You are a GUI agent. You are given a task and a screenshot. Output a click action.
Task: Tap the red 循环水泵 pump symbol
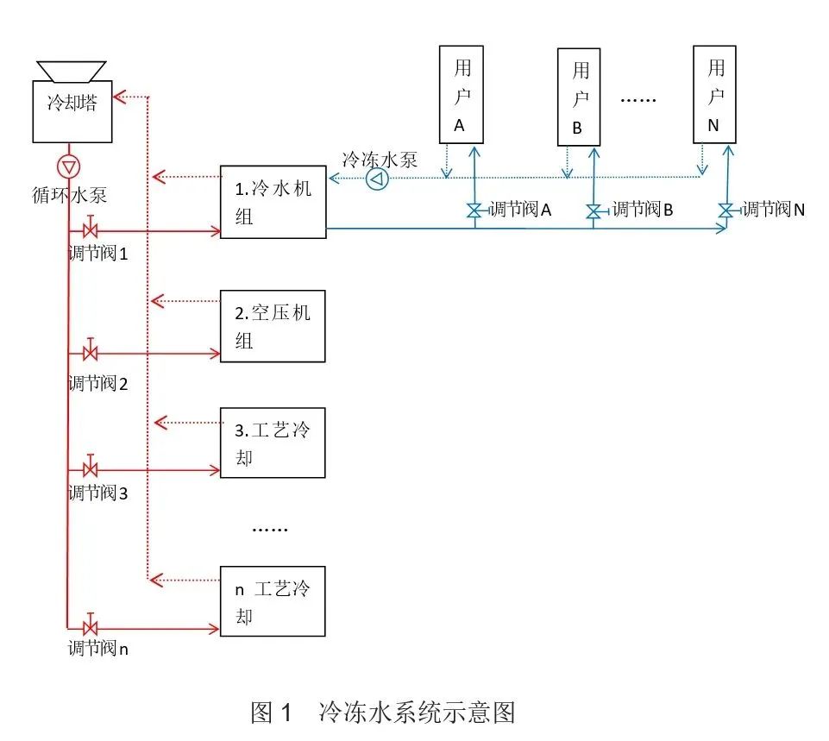click(68, 166)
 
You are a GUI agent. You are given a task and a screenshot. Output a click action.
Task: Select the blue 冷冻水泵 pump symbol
click(378, 179)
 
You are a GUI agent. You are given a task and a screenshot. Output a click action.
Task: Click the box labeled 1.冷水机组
click(273, 202)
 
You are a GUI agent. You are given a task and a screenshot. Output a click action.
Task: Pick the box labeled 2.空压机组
click(273, 326)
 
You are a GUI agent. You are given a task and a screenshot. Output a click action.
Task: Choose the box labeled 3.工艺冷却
click(273, 443)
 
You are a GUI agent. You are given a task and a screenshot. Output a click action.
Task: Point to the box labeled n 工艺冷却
click(273, 601)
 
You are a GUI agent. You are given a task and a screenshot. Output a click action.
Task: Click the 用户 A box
click(461, 94)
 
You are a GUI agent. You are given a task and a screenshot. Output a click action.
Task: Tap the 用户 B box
click(579, 96)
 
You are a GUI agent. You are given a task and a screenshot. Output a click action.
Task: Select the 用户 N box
click(714, 94)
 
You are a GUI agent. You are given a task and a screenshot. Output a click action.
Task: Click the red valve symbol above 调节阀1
click(90, 231)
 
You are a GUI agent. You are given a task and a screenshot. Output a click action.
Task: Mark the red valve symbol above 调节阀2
click(90, 353)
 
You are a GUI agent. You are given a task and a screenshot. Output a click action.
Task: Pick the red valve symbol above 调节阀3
click(90, 470)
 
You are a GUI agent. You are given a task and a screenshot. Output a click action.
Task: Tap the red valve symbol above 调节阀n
click(90, 627)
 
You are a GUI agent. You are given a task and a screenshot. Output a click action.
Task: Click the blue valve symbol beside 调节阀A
click(474, 210)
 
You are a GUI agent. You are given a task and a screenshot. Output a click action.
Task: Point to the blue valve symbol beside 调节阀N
click(726, 210)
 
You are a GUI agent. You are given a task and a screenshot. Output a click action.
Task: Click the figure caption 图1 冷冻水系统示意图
click(383, 713)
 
